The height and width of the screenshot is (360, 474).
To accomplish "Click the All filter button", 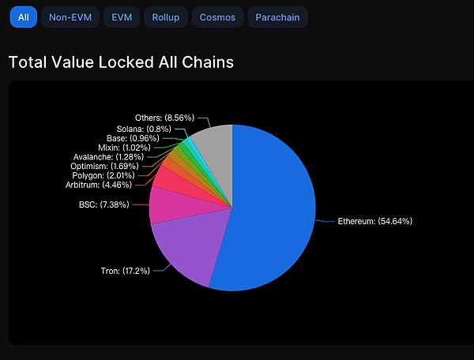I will (x=23, y=17).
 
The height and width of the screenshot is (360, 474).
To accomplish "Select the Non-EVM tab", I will (x=70, y=17).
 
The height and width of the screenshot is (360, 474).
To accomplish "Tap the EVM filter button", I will (x=122, y=17).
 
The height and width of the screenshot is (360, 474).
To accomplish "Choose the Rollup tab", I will (x=166, y=17).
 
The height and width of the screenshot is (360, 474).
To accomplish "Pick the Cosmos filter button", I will (x=217, y=17).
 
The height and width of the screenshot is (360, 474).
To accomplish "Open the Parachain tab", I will (x=277, y=17).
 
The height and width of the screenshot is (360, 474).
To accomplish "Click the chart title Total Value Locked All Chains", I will (x=121, y=62).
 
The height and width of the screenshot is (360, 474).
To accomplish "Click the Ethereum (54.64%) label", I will (x=374, y=221).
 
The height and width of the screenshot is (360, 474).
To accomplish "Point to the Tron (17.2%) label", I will (x=120, y=271).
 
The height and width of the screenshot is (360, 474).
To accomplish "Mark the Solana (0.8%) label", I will (x=142, y=129).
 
